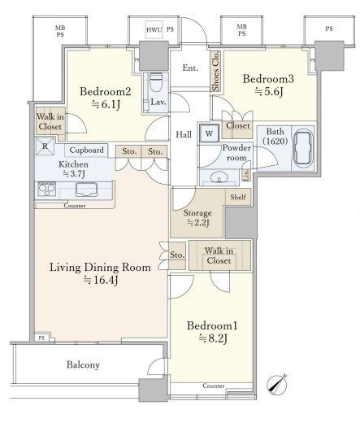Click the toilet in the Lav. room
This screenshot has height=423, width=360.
(x=155, y=82)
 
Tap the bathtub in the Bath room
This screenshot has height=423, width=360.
(x=303, y=148)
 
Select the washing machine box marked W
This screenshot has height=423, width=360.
(x=209, y=133)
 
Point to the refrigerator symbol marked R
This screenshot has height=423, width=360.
(x=45, y=146)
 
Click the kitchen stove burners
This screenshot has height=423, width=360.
(x=47, y=189)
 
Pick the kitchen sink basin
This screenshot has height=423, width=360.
(x=87, y=190)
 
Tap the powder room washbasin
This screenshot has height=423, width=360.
(x=219, y=178)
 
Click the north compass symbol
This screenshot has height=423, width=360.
(x=277, y=384)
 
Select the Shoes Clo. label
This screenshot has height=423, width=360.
(x=216, y=72)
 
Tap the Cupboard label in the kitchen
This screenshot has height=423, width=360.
(x=86, y=150)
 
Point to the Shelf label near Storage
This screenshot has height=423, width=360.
(x=238, y=197)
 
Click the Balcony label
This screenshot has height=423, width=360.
(x=83, y=364)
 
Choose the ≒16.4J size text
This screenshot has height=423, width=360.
(x=100, y=280)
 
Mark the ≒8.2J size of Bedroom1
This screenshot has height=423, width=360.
(x=213, y=338)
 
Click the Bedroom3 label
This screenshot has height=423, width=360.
(x=268, y=79)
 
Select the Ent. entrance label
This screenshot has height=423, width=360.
(x=190, y=68)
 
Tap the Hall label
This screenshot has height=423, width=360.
(x=184, y=134)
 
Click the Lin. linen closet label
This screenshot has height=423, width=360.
(x=246, y=175)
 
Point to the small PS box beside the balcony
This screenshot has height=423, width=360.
(x=41, y=338)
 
